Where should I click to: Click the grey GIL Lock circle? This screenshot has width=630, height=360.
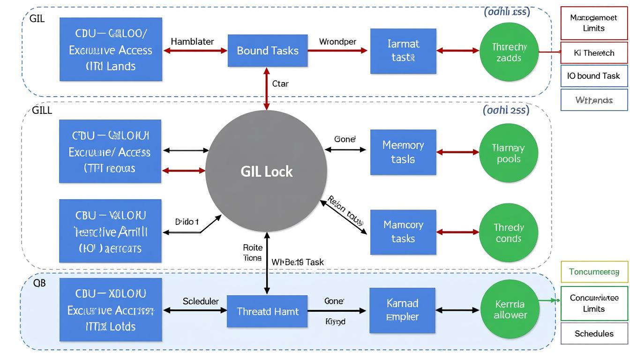pos(266,171)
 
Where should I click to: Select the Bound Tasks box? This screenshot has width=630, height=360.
pos(268,51)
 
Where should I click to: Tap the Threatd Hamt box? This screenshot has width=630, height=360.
pos(267,311)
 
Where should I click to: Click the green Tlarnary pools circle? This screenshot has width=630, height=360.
pos(509,153)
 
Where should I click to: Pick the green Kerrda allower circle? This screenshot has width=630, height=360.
pos(510,309)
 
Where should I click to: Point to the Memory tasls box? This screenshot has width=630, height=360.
pos(403,152)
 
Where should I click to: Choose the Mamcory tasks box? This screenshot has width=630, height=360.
pos(403,232)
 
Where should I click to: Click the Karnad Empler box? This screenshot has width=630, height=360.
pos(402,310)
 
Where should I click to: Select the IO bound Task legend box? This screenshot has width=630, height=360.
pos(594,76)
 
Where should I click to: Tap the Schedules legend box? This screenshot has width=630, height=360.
pos(594,334)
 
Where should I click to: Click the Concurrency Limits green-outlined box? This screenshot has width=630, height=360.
pos(594,303)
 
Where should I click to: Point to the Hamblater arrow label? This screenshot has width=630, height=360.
pos(192,41)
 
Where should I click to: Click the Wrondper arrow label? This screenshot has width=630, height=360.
pos(337,41)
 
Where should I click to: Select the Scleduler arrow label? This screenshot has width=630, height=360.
pos(201,301)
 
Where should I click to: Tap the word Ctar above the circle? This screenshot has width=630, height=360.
pos(280,84)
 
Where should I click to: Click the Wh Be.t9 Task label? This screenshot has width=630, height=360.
pos(298,262)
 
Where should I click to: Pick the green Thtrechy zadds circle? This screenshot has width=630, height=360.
pos(509,52)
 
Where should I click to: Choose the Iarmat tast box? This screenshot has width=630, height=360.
pos(403,51)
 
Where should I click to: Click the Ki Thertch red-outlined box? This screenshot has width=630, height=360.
pos(594,53)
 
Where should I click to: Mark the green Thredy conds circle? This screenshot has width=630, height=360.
pos(509,233)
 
